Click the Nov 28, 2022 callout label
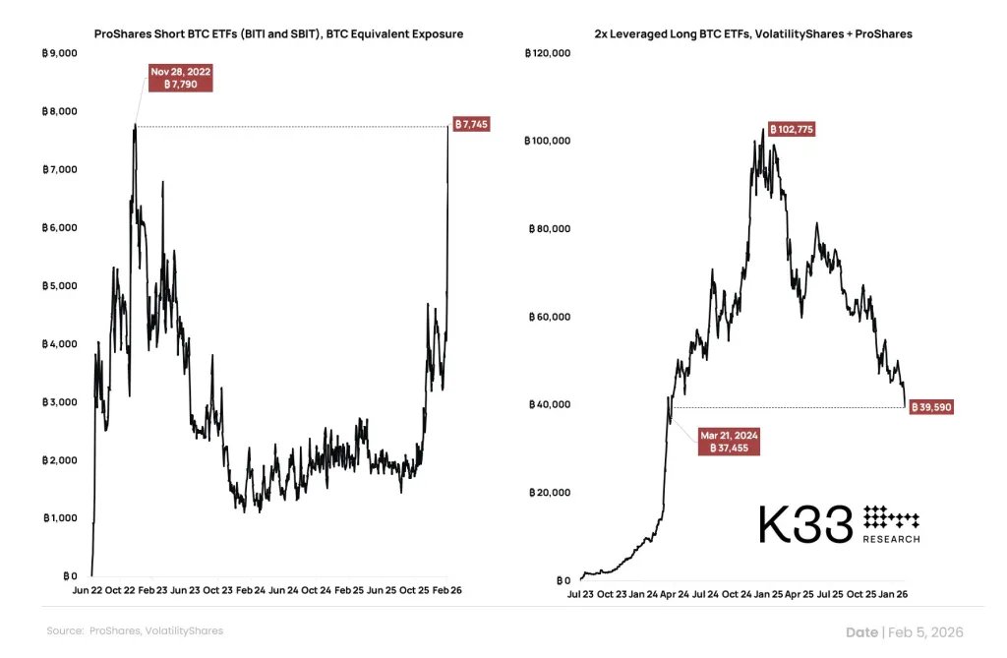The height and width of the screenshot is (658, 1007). (x=181, y=79)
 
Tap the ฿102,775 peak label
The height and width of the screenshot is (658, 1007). (x=790, y=130)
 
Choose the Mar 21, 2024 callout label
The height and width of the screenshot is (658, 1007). (x=729, y=440)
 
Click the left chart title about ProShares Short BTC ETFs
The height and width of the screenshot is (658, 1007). (x=278, y=34)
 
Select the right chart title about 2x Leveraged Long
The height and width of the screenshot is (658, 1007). (x=753, y=34)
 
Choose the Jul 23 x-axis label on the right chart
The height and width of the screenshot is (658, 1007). (x=581, y=595)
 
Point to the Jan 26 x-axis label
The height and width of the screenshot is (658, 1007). (x=892, y=595)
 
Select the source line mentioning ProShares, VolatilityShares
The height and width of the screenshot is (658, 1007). (x=135, y=630)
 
